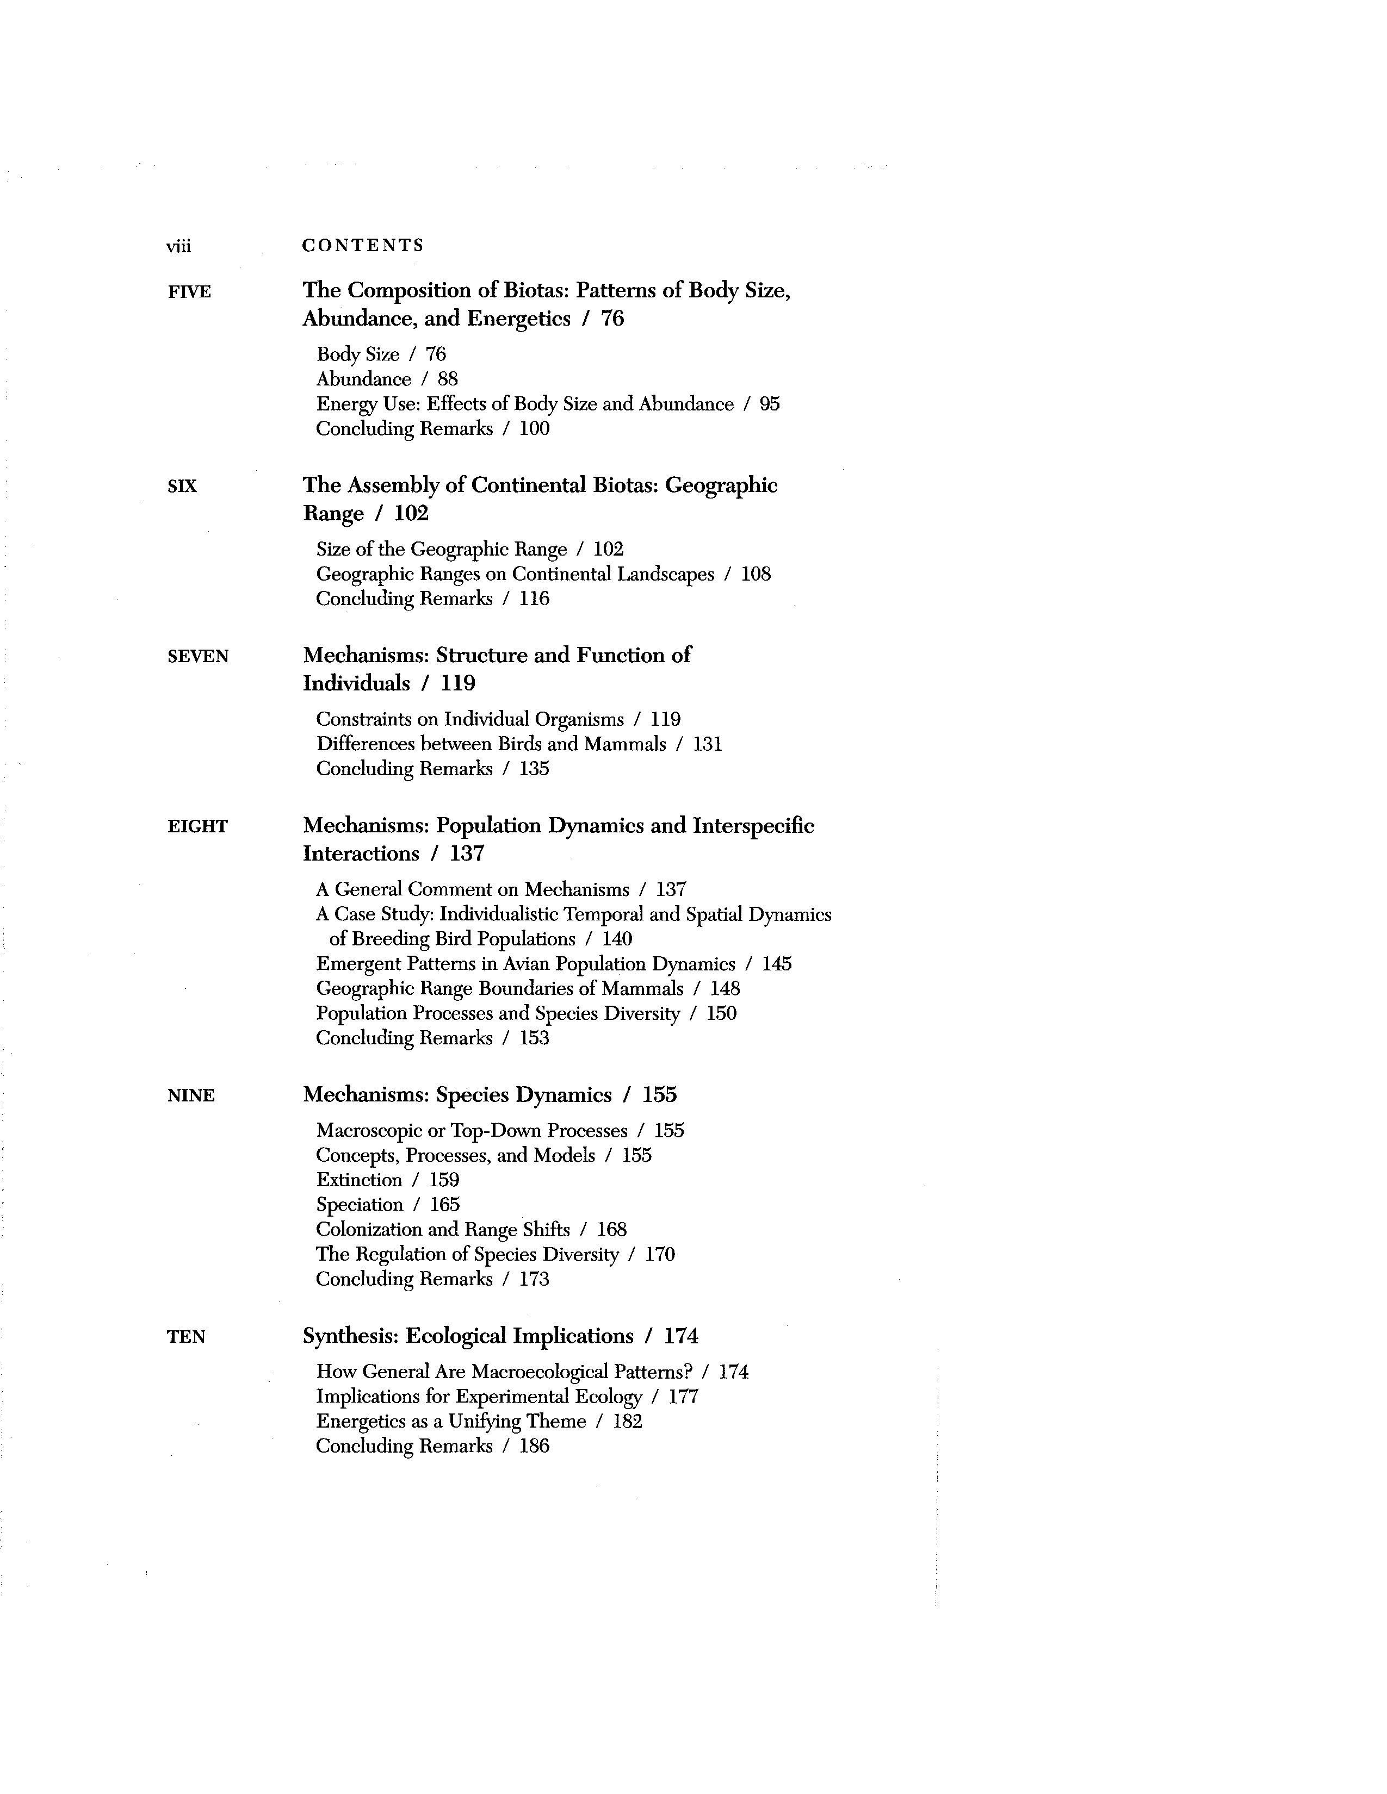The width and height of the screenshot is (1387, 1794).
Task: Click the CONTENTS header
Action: coord(362,245)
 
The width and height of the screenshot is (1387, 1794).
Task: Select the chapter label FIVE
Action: coord(189,291)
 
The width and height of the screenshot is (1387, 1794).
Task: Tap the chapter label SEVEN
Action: coord(197,656)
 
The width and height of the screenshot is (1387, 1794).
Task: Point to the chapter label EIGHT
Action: coord(197,826)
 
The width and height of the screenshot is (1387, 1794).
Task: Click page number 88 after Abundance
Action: coord(447,379)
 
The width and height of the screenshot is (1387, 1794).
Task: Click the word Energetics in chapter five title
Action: coord(518,319)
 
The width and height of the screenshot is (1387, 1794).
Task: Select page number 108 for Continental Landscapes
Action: coord(756,574)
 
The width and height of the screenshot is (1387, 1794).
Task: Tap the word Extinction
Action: coord(359,1180)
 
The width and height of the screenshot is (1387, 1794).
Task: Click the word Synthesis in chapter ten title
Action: coord(350,1336)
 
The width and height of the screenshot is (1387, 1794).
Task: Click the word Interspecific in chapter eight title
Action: coord(753,826)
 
